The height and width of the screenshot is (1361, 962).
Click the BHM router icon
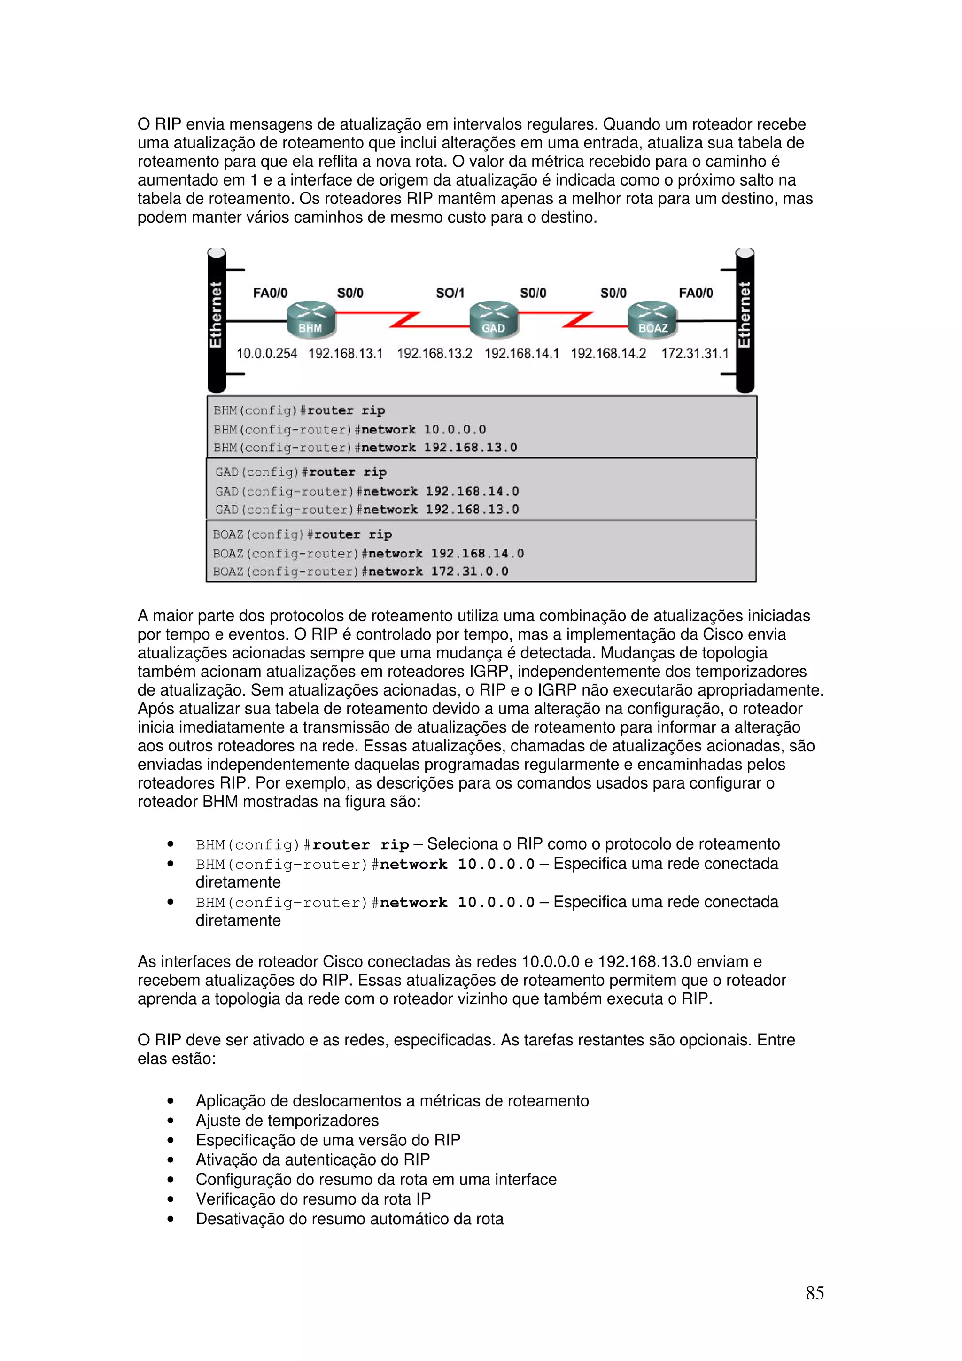[x=310, y=321]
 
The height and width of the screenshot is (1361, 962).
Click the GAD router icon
[x=493, y=321]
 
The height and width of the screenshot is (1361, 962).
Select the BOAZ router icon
[x=652, y=321]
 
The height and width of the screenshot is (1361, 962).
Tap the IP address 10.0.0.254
[x=267, y=354]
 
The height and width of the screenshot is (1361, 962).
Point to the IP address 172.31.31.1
[x=695, y=354]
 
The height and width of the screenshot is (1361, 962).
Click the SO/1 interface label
[x=450, y=293]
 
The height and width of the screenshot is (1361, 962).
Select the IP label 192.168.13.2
[x=434, y=354]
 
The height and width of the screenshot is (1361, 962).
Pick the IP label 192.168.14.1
[x=521, y=354]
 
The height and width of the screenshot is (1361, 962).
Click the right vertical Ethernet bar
[x=745, y=321]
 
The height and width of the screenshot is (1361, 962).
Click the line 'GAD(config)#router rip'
[x=301, y=472]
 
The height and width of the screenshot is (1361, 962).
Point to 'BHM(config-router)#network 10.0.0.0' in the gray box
[x=349, y=429]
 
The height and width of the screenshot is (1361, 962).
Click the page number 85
[x=815, y=1293]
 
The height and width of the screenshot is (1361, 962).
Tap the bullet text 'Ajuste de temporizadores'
[x=287, y=1121]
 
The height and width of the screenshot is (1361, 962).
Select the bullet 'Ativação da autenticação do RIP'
[x=312, y=1160]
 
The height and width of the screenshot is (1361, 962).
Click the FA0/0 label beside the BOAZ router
[x=696, y=293]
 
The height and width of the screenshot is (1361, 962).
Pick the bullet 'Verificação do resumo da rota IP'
[x=313, y=1199]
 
